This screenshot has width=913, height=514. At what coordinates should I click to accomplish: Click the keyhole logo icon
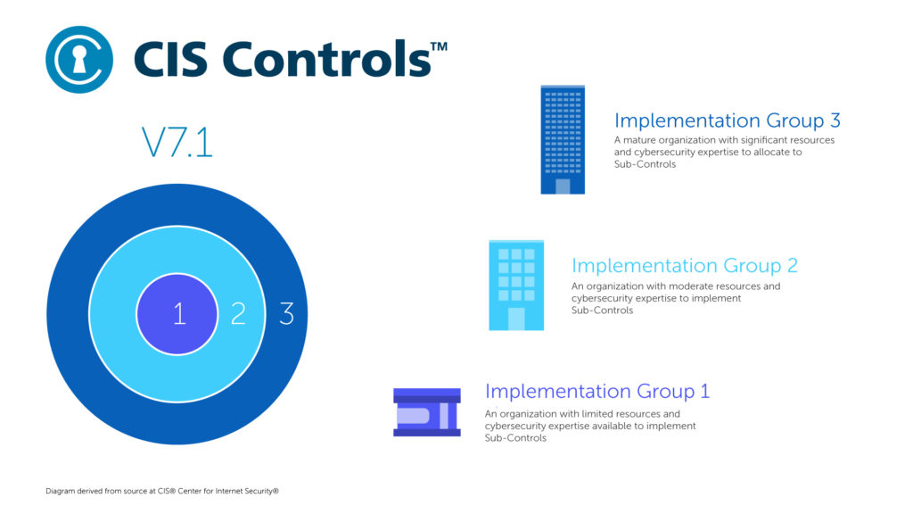tap(79, 60)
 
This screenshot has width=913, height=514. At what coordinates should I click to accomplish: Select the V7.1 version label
tap(177, 143)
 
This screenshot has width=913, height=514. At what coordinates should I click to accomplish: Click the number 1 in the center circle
tap(178, 314)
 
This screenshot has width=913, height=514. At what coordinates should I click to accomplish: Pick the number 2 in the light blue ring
tap(238, 314)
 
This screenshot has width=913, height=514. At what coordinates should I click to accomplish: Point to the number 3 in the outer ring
tap(286, 314)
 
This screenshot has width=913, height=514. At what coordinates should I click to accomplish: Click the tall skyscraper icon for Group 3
tap(563, 139)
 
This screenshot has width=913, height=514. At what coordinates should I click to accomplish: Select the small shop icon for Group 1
tap(427, 412)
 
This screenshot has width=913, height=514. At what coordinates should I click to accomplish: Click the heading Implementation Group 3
tap(728, 120)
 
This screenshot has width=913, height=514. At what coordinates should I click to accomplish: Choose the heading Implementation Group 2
tap(684, 266)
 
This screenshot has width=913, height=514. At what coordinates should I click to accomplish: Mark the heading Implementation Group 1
tap(597, 392)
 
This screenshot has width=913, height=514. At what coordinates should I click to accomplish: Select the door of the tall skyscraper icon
tap(563, 186)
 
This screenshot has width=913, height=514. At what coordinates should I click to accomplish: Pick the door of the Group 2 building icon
tap(516, 319)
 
